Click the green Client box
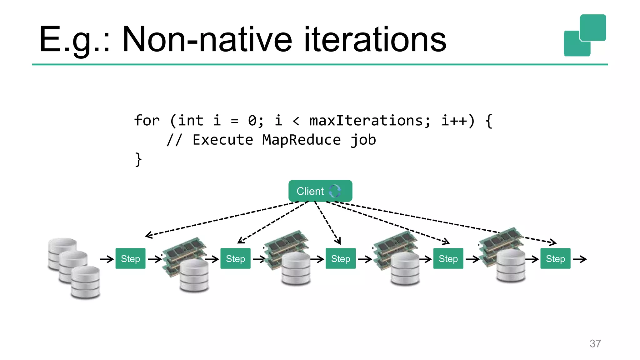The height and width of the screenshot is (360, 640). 320,191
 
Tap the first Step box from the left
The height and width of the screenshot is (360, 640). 130,258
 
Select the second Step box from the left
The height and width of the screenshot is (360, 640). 235,258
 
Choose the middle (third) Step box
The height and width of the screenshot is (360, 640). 340,258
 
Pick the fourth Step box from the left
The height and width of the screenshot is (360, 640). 448,258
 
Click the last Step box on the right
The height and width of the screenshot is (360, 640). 555,258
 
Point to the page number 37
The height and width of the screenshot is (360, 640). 595,343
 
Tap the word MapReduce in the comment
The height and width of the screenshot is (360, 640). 301,140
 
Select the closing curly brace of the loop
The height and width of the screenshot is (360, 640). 138,159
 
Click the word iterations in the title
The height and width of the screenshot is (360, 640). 375,40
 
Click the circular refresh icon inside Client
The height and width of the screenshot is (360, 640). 335,191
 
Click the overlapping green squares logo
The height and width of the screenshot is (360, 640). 585,35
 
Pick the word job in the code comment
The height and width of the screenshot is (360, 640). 363,140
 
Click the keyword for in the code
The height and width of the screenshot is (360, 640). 147,121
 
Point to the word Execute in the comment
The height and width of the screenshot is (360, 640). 222,140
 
